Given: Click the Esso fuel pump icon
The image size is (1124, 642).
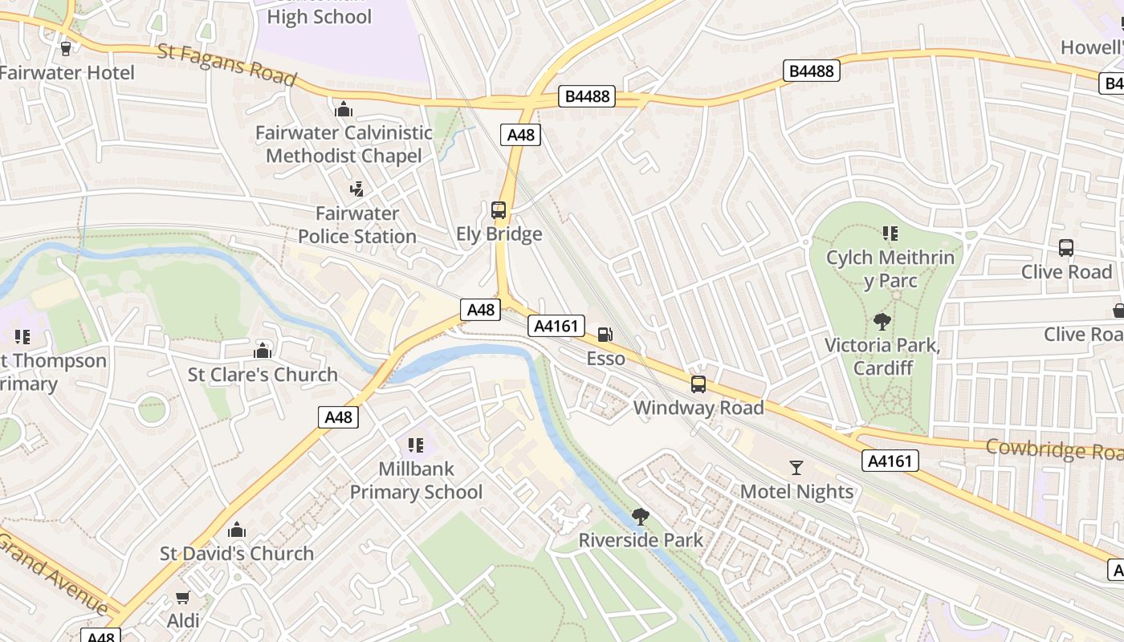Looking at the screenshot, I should [x=605, y=334].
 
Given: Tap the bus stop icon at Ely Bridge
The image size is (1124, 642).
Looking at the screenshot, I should [x=499, y=210].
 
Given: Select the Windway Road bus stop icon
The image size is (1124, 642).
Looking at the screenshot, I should [x=698, y=384].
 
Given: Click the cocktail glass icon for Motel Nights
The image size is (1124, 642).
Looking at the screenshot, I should [x=796, y=467].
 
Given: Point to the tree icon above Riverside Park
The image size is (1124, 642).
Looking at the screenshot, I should [x=640, y=516].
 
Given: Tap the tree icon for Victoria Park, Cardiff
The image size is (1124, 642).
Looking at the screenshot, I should [x=882, y=322].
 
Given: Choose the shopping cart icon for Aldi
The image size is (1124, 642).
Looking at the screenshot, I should [x=183, y=598].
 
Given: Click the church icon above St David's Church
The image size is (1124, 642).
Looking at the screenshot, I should [x=236, y=530].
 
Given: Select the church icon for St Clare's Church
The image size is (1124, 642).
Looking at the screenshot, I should [x=263, y=351].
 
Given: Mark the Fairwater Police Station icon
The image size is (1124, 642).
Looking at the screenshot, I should [x=356, y=189].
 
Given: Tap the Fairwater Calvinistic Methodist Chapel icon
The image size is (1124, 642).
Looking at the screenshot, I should [x=344, y=108].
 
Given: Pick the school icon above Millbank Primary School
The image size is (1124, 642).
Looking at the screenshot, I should [x=415, y=445].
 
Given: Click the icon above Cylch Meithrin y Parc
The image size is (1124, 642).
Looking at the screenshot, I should [x=890, y=234].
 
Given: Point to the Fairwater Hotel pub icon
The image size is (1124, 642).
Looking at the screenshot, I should [x=66, y=48].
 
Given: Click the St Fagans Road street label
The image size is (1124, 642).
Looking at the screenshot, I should [x=227, y=64].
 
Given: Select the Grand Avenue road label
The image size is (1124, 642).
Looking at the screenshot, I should [x=52, y=571].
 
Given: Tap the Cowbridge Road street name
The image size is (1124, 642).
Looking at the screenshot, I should [x=1053, y=449].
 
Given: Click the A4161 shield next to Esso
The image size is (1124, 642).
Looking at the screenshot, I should [x=556, y=326].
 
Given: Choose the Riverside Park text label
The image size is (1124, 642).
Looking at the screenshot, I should [x=641, y=540].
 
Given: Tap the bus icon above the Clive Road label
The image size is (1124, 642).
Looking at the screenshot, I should [x=1065, y=248].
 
